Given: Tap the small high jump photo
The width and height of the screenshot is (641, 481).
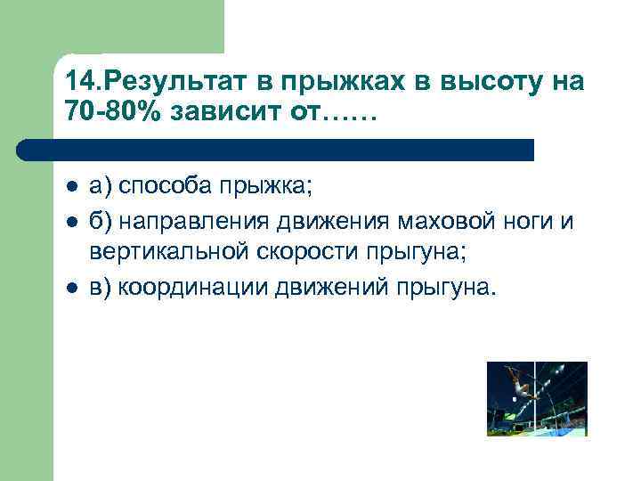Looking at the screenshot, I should point(537,398).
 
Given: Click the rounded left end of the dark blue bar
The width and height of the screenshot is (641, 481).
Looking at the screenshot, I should point(25,149).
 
